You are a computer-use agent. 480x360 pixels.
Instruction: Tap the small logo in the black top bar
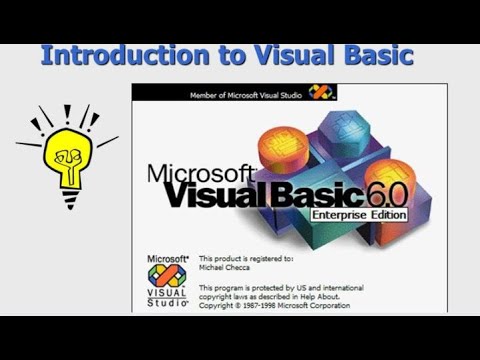[x=320, y=93]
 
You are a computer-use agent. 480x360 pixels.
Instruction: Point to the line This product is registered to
[x=247, y=258]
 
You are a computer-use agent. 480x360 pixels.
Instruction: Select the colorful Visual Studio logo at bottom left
[x=167, y=274]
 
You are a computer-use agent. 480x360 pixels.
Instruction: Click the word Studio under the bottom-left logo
[x=167, y=302]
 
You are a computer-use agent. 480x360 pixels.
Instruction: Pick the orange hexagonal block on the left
[x=284, y=145]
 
